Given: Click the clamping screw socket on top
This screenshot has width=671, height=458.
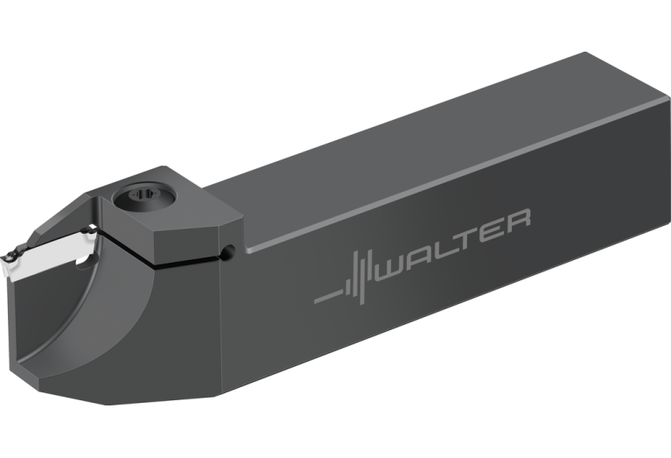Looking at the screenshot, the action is tap(144, 198).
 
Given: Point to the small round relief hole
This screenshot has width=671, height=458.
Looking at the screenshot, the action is tap(229, 252).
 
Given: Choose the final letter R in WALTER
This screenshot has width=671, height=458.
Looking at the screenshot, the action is tap(514, 220).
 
